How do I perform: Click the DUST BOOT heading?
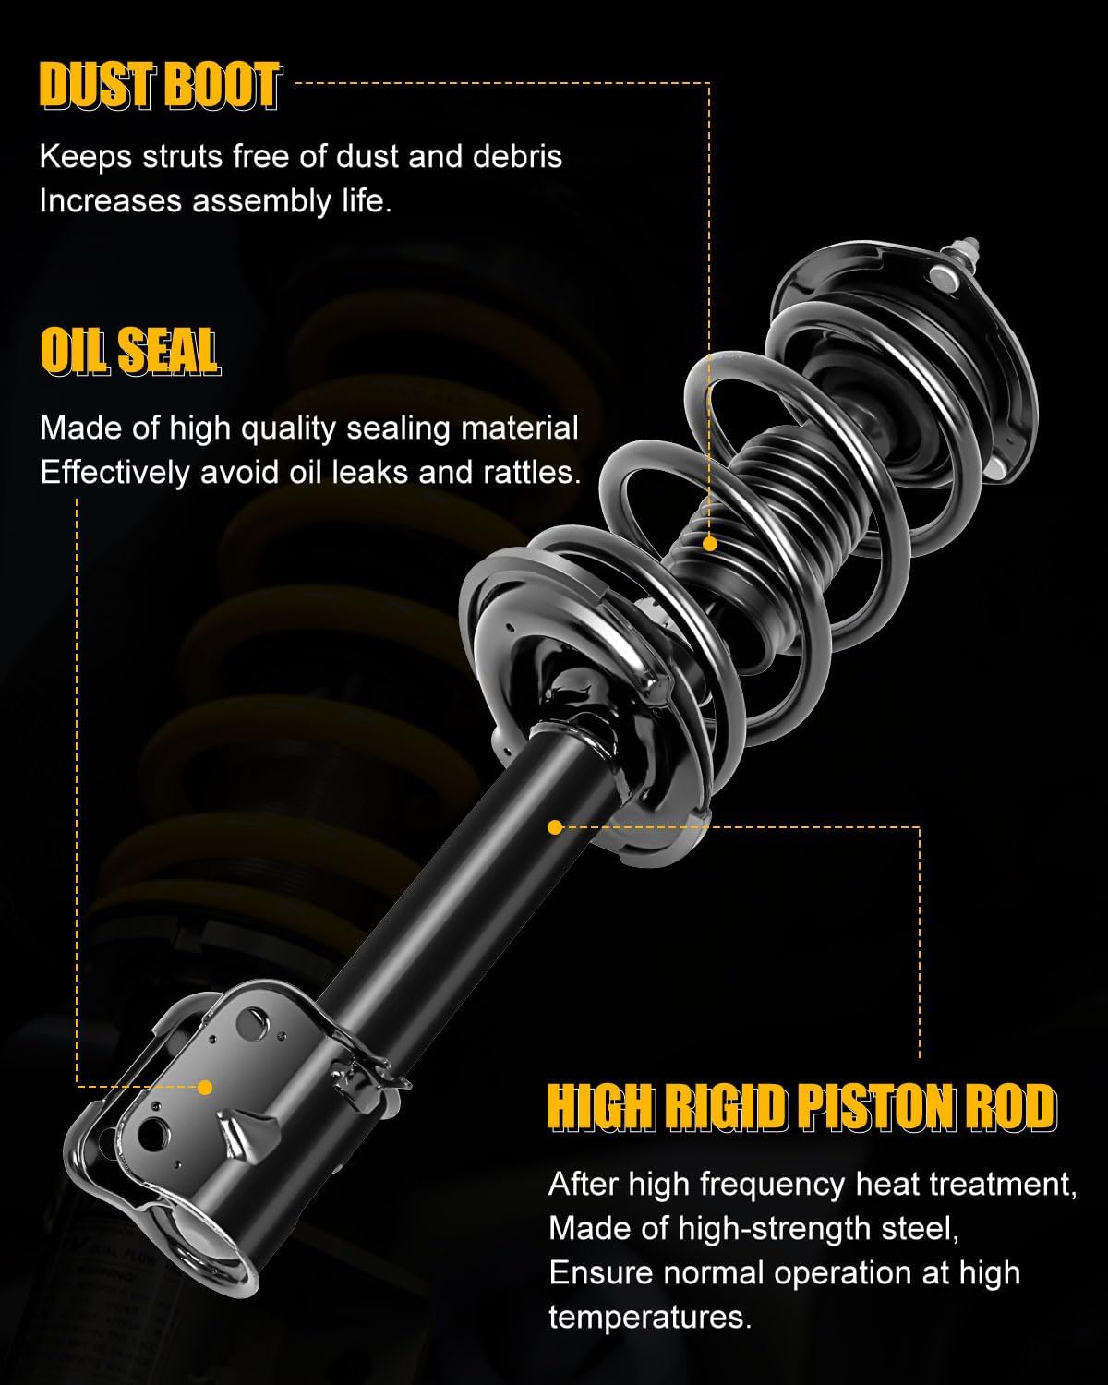click(x=159, y=87)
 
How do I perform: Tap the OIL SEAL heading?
click(x=129, y=352)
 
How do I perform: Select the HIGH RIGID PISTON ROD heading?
click(x=801, y=1107)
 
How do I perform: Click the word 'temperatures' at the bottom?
click(x=649, y=1317)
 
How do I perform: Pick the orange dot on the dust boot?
click(x=709, y=544)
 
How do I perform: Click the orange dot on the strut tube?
click(x=555, y=827)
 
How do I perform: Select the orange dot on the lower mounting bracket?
click(x=205, y=1088)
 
